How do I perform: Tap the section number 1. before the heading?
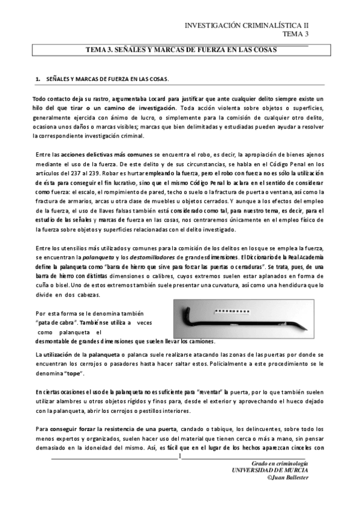point(38,79)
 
